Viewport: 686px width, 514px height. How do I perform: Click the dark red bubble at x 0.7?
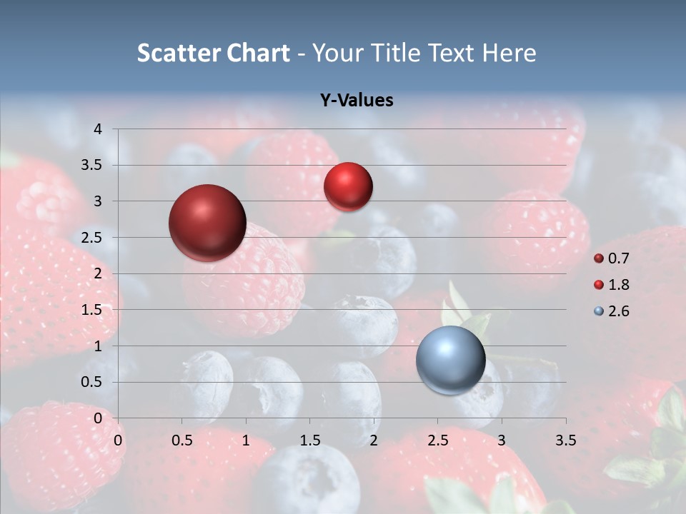pyautogui.click(x=208, y=223)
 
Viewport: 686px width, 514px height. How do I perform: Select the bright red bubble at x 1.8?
pyautogui.click(x=348, y=186)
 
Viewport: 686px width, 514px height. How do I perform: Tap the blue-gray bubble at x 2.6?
pyautogui.click(x=451, y=360)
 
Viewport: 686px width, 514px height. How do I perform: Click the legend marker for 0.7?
pyautogui.click(x=598, y=258)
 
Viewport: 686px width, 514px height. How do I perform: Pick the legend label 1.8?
pyautogui.click(x=618, y=285)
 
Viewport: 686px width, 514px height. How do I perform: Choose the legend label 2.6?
pyautogui.click(x=618, y=311)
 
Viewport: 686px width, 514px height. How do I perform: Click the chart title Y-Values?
pyautogui.click(x=356, y=101)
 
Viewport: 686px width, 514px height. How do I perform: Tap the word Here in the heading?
pyautogui.click(x=508, y=53)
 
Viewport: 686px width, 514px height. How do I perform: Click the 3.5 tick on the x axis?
pyautogui.click(x=566, y=440)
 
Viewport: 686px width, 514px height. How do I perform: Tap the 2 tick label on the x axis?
pyautogui.click(x=374, y=440)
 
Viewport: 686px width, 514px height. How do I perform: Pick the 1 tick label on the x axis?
pyautogui.click(x=246, y=440)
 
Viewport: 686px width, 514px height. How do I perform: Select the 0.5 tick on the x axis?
pyautogui.click(x=182, y=440)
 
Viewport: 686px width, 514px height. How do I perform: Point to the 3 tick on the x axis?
pyautogui.click(x=502, y=440)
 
